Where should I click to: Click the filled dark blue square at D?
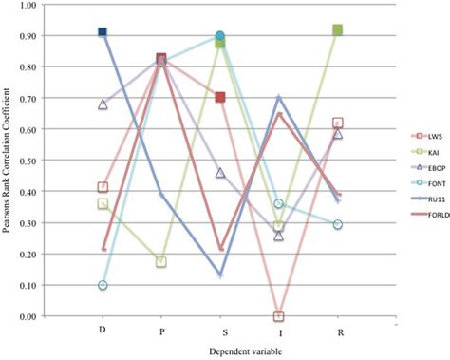coord(103,32)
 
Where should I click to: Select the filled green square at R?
coord(337,30)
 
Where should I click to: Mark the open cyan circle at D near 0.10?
coord(103,285)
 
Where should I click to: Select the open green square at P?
coord(161,261)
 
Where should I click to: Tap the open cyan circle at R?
coord(337,224)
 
